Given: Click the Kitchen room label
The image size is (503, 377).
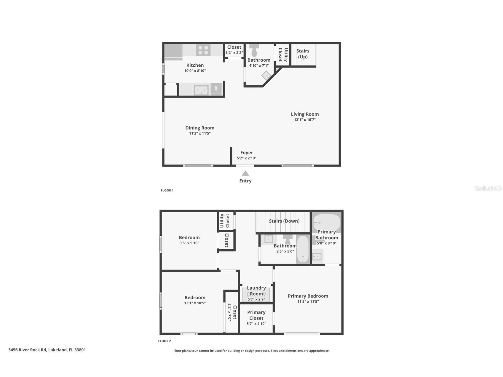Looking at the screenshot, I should pos(195,65).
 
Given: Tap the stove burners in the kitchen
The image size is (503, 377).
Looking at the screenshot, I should pos(203,50).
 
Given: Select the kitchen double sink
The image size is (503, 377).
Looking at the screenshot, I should pos(201,90).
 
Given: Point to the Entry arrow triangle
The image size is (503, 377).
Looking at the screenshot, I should pos(245,173).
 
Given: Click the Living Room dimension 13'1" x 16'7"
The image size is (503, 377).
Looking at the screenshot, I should pos(305,120).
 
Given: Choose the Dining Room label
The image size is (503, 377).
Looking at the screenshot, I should pos(200,128).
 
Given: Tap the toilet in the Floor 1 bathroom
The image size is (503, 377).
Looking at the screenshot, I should pos(254,51).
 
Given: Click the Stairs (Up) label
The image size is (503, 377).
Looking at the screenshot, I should pos(303,54).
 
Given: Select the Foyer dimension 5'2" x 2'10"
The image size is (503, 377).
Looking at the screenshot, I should pos(246,158).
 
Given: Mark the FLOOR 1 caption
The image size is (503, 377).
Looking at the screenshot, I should pos(167,190).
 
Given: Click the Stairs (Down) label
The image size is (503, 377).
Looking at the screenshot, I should pos(284,221).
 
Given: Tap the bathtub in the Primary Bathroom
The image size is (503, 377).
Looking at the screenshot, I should pos(327,221).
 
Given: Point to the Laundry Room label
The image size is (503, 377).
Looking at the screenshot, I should pos(256,291).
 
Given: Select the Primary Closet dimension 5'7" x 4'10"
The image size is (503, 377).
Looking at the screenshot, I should pos(256,324).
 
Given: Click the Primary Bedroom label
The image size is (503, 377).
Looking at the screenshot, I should pos(308,296).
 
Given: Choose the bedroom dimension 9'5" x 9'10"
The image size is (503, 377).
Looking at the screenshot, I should pos(189,243).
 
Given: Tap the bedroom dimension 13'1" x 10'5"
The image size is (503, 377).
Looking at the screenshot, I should pos(195,303).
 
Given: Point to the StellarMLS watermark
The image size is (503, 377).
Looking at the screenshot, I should pos(488,188).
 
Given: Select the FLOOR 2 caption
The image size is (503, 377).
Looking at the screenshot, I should pos(165,341).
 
